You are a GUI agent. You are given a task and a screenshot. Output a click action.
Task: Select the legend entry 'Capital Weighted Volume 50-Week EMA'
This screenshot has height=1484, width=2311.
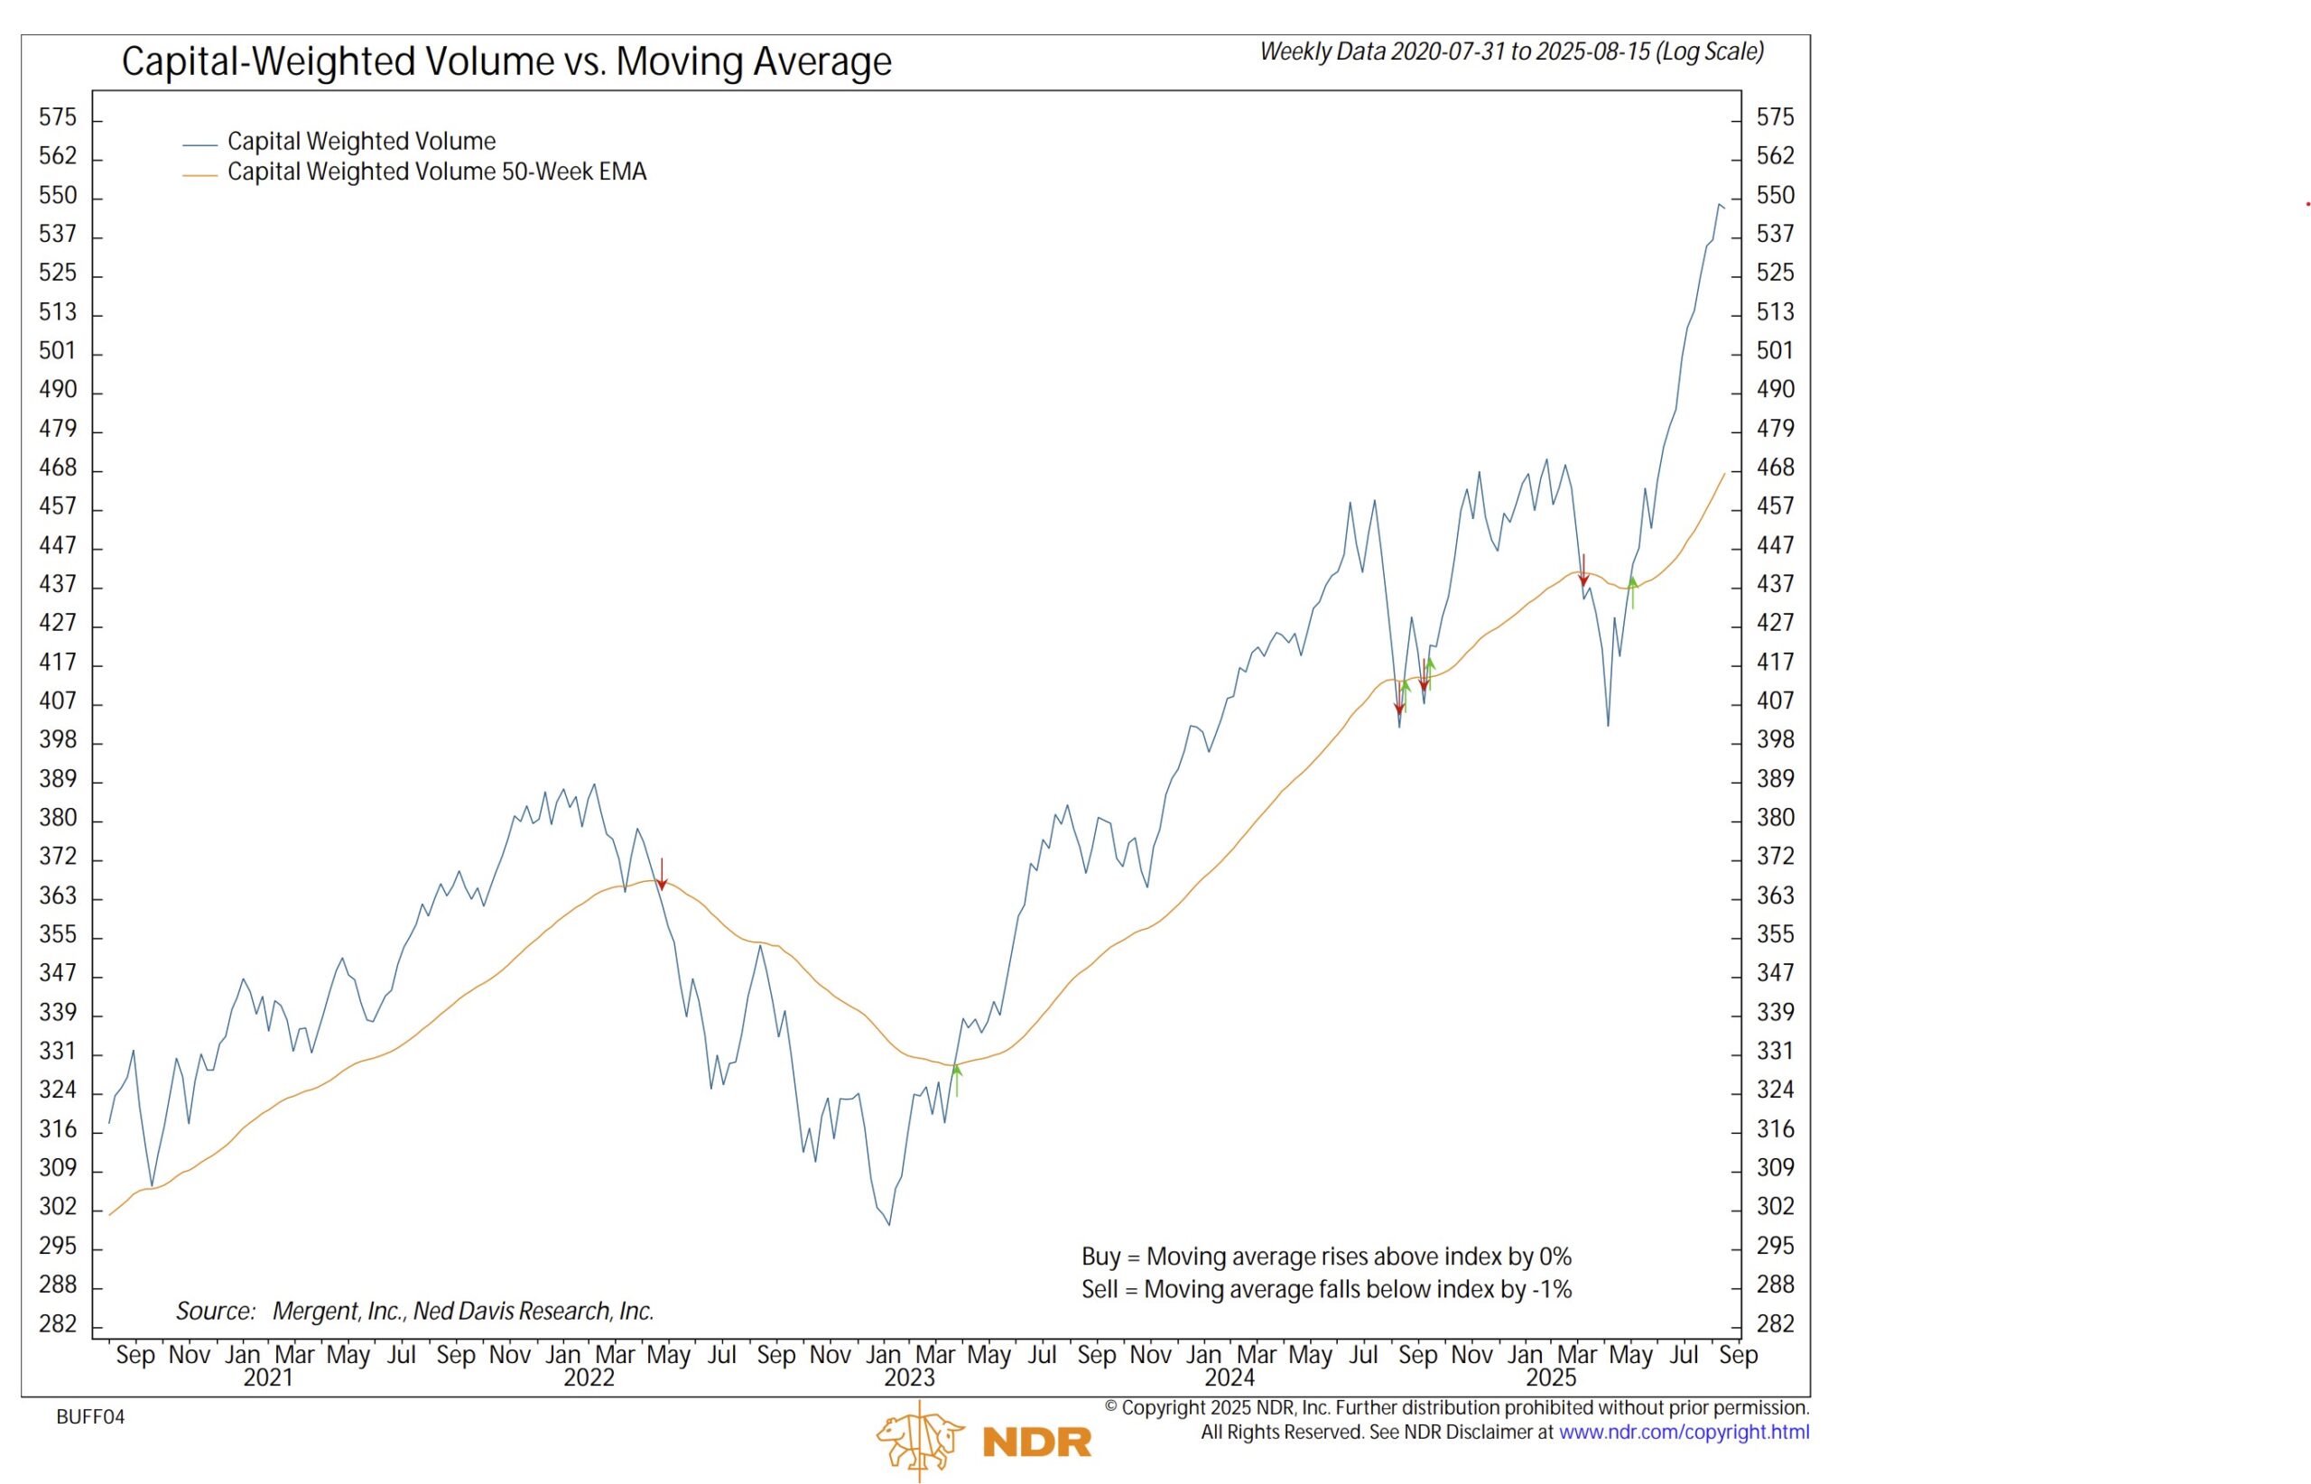pyautogui.click(x=437, y=172)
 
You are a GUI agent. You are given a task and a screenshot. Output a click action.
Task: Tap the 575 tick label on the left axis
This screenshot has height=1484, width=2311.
pyautogui.click(x=57, y=117)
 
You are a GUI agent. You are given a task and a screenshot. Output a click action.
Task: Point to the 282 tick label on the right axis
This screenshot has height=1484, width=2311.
pyautogui.click(x=1775, y=1323)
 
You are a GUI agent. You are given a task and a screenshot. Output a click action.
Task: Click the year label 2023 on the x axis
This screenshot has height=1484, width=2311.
pyautogui.click(x=909, y=1378)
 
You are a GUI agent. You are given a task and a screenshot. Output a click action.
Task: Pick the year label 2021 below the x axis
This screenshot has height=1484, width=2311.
pyautogui.click(x=268, y=1378)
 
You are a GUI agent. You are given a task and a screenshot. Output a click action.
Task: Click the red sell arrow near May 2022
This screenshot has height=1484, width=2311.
pyautogui.click(x=662, y=875)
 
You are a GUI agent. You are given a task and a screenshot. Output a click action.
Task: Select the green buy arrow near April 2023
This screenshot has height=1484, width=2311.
pyautogui.click(x=957, y=1080)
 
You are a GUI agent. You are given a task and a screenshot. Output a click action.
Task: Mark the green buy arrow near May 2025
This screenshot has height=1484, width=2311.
pyautogui.click(x=1632, y=591)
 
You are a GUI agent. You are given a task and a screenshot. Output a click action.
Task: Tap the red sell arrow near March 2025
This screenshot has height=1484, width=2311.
pyautogui.click(x=1583, y=570)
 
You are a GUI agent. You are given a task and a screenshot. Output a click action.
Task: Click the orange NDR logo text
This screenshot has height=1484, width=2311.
pyautogui.click(x=1037, y=1442)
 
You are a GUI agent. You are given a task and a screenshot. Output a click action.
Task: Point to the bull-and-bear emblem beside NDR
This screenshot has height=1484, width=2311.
pyautogui.click(x=918, y=1439)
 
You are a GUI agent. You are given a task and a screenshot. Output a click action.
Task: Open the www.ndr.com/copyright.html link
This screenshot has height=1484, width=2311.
pyautogui.click(x=1684, y=1433)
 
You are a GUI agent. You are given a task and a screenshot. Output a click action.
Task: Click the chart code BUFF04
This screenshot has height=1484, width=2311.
pyautogui.click(x=90, y=1416)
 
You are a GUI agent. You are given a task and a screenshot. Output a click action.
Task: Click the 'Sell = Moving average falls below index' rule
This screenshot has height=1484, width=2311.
pyautogui.click(x=1326, y=1289)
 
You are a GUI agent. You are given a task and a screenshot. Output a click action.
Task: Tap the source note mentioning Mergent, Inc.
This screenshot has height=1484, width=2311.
pyautogui.click(x=414, y=1311)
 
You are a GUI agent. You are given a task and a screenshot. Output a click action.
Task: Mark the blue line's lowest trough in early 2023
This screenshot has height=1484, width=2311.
pyautogui.click(x=888, y=1225)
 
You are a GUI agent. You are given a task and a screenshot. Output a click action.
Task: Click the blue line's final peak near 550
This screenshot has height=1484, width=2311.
pyautogui.click(x=1720, y=204)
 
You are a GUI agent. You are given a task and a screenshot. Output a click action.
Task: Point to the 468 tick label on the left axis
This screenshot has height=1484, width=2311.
pyautogui.click(x=57, y=468)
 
